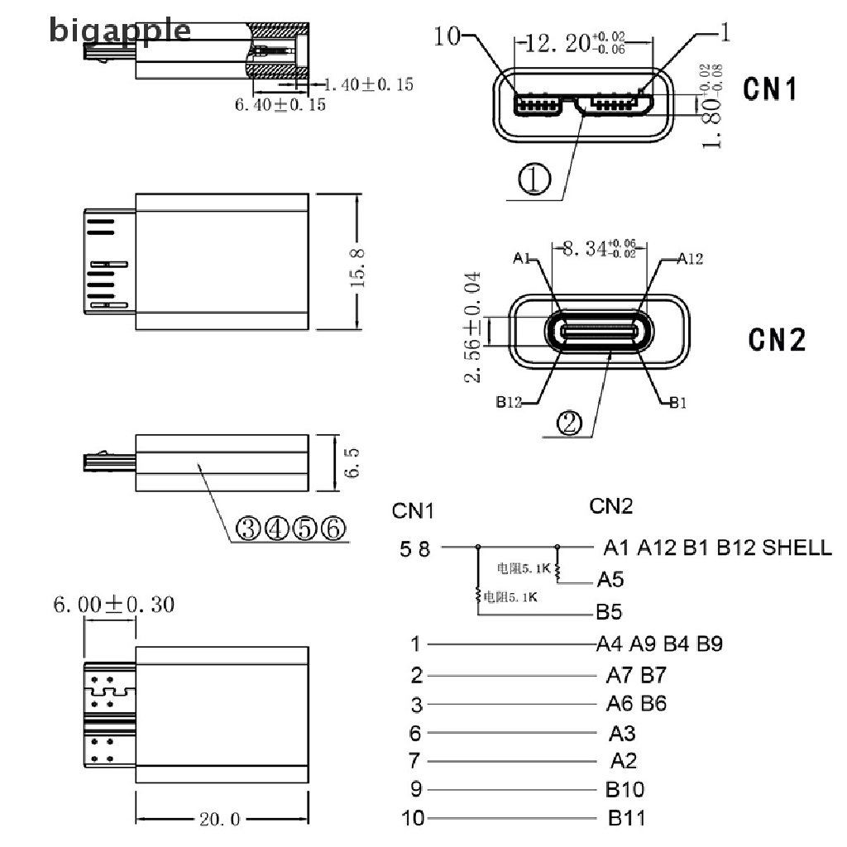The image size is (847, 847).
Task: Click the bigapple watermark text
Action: pyautogui.click(x=120, y=31)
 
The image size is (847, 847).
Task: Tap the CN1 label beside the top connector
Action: pyautogui.click(x=770, y=89)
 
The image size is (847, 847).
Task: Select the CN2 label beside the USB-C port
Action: pyautogui.click(x=777, y=339)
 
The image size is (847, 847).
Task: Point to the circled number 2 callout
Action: pyautogui.click(x=570, y=424)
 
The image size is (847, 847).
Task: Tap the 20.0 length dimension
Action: pyautogui.click(x=219, y=820)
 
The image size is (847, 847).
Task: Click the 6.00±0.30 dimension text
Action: pyautogui.click(x=114, y=605)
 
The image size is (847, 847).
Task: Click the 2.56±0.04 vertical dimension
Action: pyautogui.click(x=472, y=327)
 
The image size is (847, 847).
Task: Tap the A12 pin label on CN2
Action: pyautogui.click(x=689, y=259)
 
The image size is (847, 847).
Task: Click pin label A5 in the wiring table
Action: pyautogui.click(x=609, y=579)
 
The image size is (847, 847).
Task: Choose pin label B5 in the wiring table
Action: pyautogui.click(x=609, y=613)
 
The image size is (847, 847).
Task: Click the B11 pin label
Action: pyautogui.click(x=626, y=819)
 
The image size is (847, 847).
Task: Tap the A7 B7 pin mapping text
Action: pyautogui.click(x=635, y=676)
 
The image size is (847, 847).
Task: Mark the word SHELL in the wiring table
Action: pyautogui.click(x=797, y=547)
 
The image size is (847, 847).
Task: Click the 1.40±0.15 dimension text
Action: pyautogui.click(x=367, y=84)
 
